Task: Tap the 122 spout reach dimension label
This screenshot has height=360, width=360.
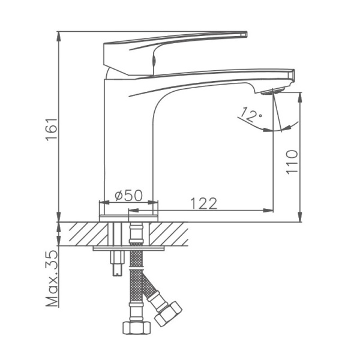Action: point(203,203)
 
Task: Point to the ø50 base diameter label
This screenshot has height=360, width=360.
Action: point(128,195)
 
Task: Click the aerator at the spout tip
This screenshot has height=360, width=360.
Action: point(273,91)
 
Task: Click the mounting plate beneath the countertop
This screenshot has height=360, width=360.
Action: point(129,247)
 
